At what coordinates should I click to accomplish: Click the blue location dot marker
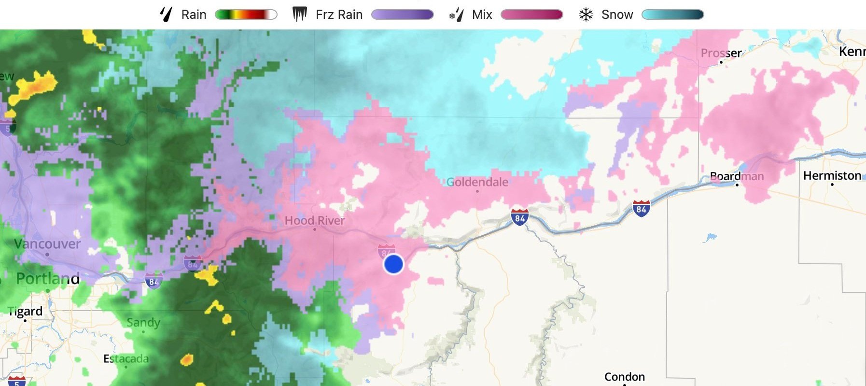coord(393,264)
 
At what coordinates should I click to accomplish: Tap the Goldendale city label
coord(477,182)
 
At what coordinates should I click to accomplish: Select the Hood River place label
coord(314,221)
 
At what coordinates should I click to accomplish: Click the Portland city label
coord(48,279)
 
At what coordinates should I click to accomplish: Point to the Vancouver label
coord(47,244)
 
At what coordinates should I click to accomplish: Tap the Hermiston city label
coord(832,176)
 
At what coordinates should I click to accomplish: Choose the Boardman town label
coord(737,176)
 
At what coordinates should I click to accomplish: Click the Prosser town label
coord(721,53)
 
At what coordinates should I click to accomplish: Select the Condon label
coord(624,376)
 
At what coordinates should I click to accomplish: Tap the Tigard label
coord(26,312)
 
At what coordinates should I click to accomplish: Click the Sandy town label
coord(143,322)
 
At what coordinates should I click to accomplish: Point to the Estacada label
coord(126,359)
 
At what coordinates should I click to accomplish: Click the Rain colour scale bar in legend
coord(246,14)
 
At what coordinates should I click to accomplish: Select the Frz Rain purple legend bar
coord(402,14)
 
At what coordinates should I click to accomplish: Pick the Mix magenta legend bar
coord(531,14)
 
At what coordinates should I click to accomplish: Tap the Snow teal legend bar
coord(672,14)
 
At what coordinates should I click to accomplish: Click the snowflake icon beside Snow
coord(586,14)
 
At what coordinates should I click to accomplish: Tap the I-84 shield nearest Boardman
coord(641,209)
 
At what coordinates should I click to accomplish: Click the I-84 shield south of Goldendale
coord(519,217)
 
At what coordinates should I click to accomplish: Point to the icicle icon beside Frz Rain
coord(300,14)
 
